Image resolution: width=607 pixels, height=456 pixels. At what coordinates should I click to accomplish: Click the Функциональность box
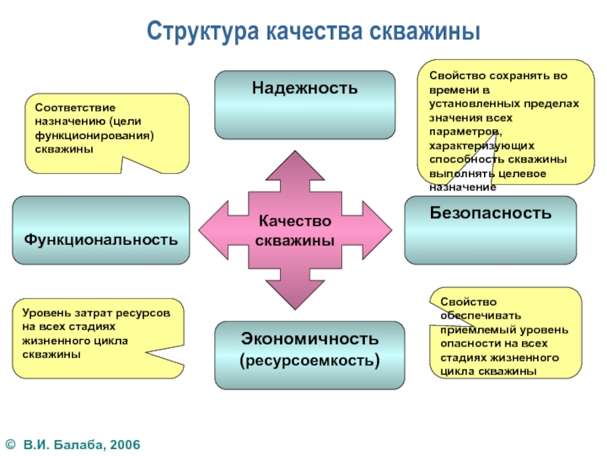click(101, 230)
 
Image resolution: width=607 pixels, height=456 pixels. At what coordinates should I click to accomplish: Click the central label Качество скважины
click(294, 230)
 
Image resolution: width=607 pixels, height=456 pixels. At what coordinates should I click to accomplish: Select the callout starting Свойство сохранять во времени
click(504, 122)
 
